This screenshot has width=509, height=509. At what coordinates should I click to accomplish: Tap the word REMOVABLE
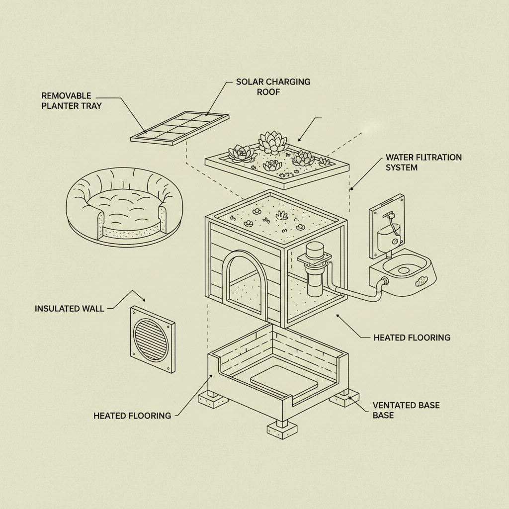tap(66, 95)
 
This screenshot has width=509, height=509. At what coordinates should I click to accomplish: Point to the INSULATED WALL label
tap(70, 309)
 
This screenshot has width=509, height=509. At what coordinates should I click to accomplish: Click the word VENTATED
tap(393, 405)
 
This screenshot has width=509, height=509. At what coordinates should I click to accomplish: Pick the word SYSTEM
tap(401, 168)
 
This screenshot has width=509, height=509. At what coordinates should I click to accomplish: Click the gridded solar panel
tap(180, 128)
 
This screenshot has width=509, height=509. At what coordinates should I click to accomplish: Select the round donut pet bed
tap(124, 206)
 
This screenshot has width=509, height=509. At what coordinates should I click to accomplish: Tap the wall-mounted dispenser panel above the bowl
tap(386, 226)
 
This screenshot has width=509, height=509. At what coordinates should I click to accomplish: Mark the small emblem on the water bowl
tap(422, 283)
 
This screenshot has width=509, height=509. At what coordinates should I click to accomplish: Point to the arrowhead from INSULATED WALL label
tap(143, 300)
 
